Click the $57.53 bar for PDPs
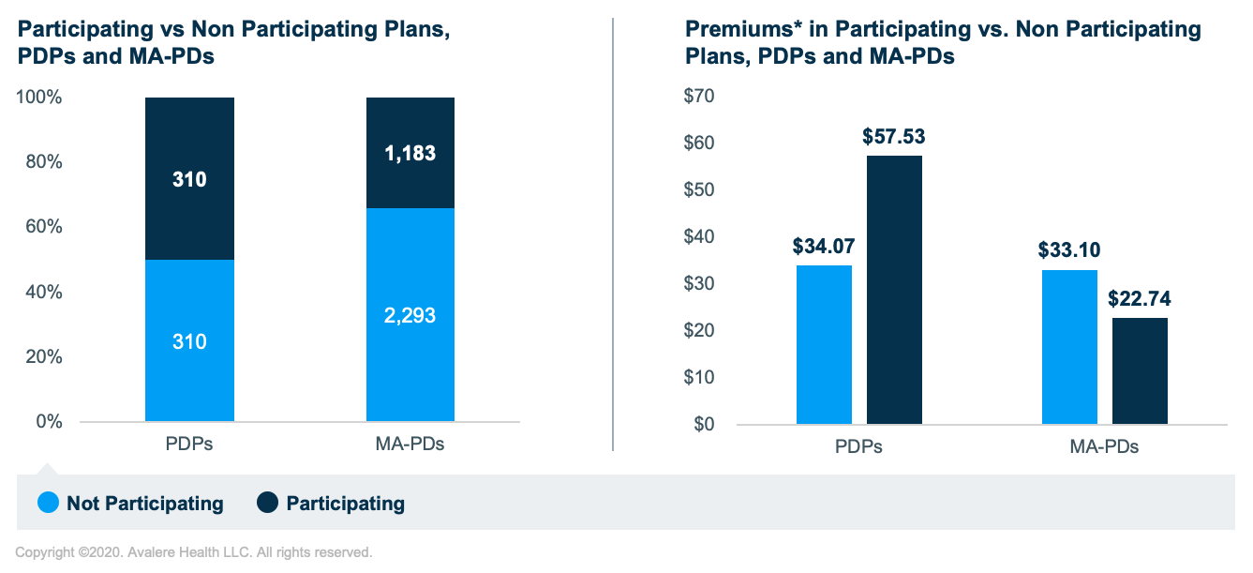[x=894, y=290]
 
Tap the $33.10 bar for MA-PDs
[x=1069, y=347]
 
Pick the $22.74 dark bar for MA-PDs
[x=1140, y=370]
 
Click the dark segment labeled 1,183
[x=410, y=153]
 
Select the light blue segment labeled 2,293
[x=410, y=314]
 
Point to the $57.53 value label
[x=894, y=137]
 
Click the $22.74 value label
[x=1140, y=300]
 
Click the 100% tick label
[x=38, y=98]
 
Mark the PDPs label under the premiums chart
[x=858, y=446]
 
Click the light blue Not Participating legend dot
[x=49, y=504]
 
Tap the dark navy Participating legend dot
[x=268, y=504]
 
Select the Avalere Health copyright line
[x=194, y=552]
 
